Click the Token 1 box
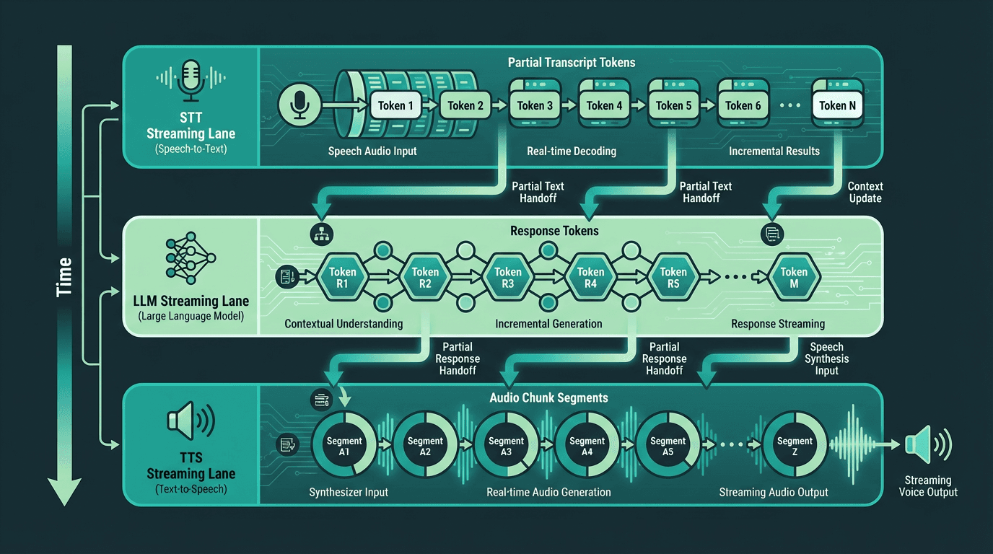click(x=395, y=105)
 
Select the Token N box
click(x=837, y=105)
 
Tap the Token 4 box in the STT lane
click(x=604, y=105)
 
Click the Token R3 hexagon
click(x=507, y=278)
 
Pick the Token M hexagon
click(x=794, y=278)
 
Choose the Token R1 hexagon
click(x=343, y=278)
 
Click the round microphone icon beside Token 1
click(x=299, y=105)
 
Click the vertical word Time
click(x=64, y=277)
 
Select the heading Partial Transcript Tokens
click(x=572, y=63)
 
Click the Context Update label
click(x=865, y=192)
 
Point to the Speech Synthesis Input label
click(x=827, y=359)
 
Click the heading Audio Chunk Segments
click(x=548, y=397)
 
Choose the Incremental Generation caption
click(x=548, y=324)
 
